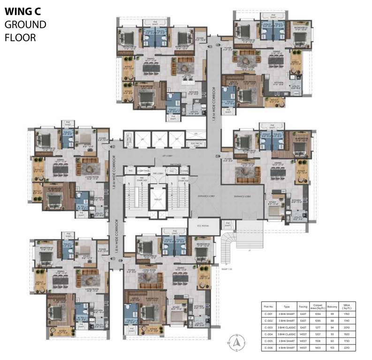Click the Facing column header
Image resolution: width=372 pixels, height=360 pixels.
(304, 306)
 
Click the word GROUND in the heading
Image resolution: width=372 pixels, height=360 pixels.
(25, 25)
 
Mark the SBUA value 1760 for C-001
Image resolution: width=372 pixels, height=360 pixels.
(346, 312)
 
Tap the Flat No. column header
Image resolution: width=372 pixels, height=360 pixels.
(268, 306)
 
